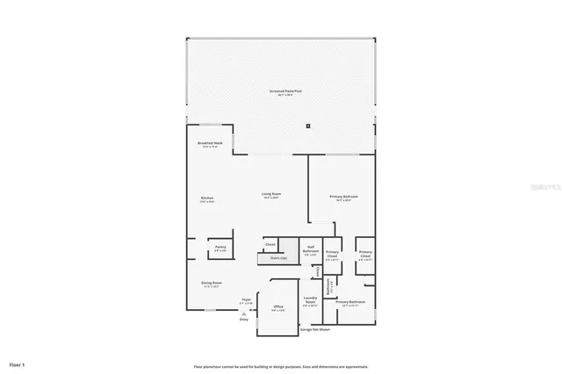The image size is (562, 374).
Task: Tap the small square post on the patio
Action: [308, 125]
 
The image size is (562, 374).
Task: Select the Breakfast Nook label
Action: [209, 143]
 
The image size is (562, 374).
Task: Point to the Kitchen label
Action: [207, 199]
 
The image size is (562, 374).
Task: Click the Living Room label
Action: [270, 195]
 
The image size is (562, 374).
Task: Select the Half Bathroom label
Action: [311, 249]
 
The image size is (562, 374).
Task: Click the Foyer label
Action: [247, 301]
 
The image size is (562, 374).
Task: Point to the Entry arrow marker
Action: [243, 314]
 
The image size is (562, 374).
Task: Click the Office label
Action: [277, 307]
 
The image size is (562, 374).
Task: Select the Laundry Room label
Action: [310, 302]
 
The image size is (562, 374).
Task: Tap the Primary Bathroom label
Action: [349, 302]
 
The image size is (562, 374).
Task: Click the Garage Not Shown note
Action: [313, 330]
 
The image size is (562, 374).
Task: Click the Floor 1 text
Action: [17, 363]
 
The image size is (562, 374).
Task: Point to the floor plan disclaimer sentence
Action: [280, 366]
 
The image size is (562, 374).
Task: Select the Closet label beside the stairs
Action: [270, 244]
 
